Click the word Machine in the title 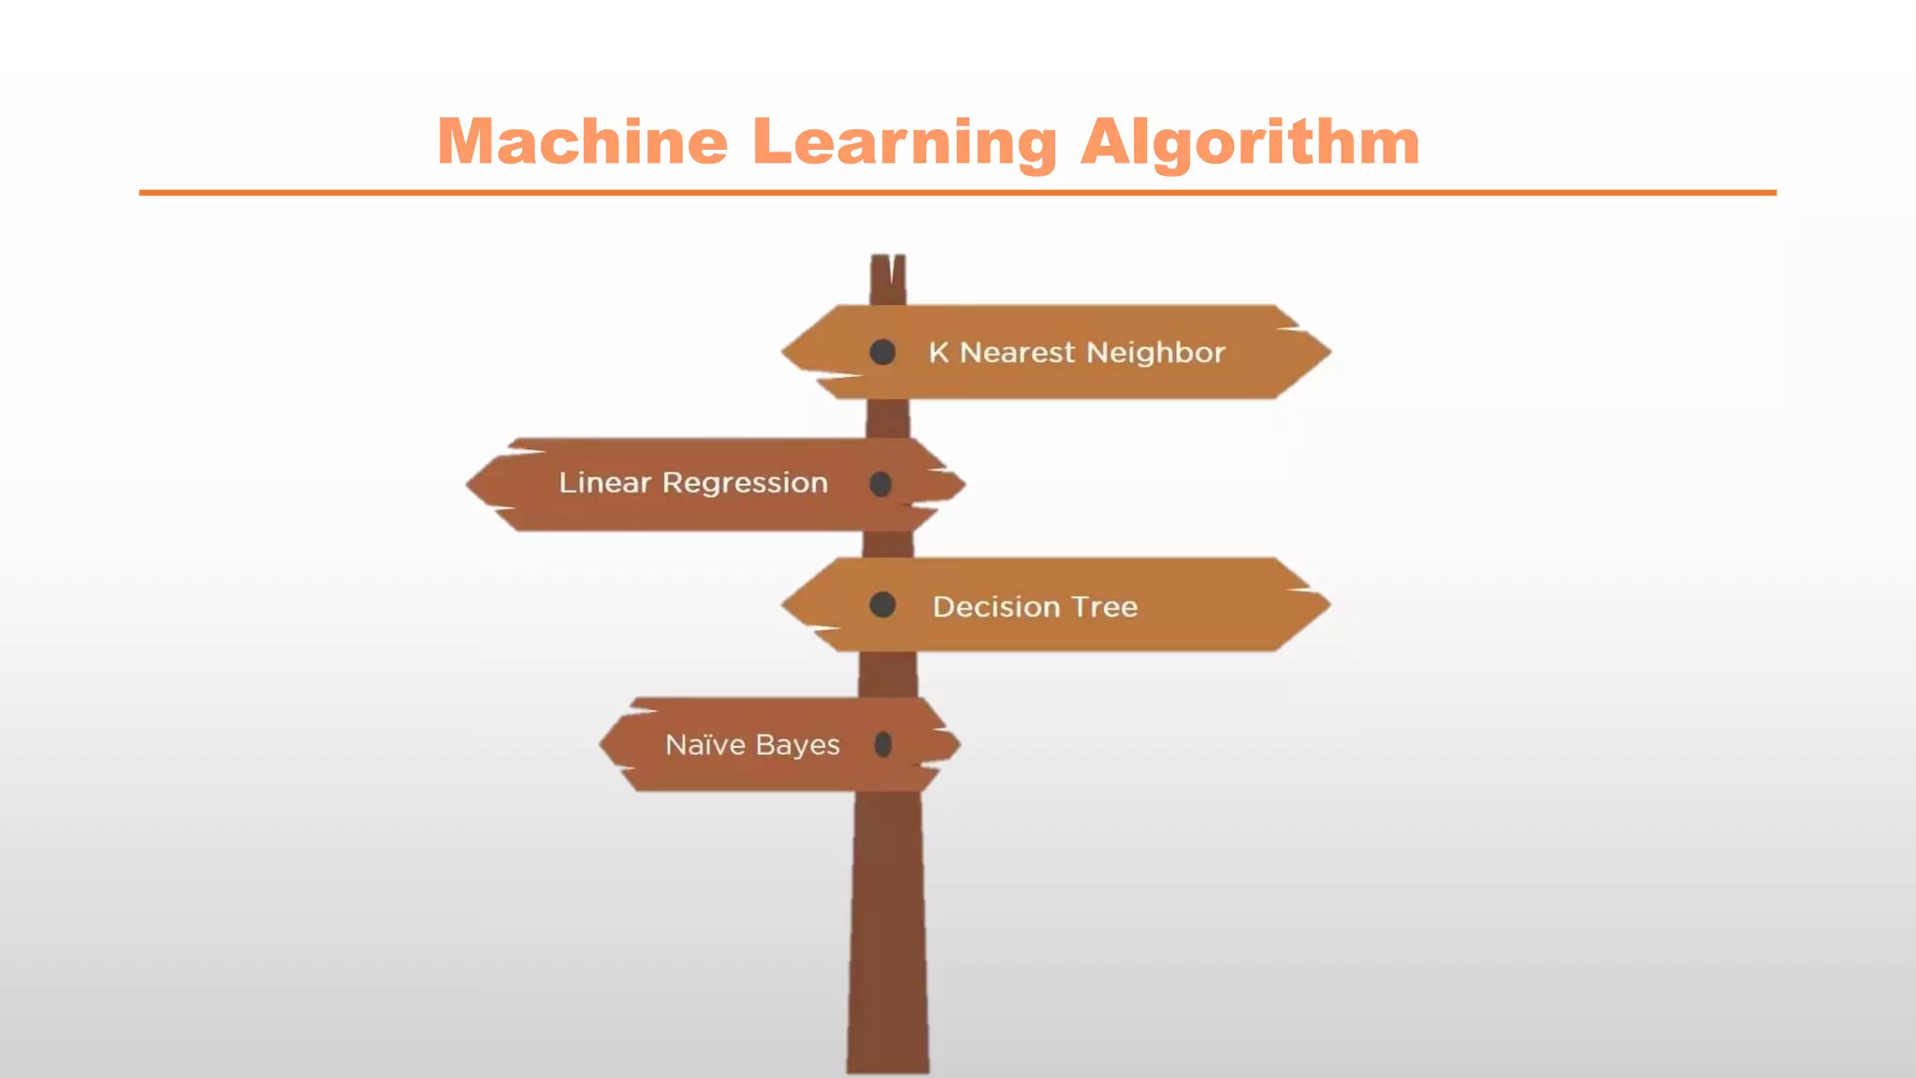(x=582, y=142)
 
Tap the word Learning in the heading (x=905, y=142)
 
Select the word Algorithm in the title (x=1250, y=142)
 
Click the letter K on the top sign (x=938, y=353)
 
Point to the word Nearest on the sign (x=1018, y=353)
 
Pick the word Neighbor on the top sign (x=1156, y=353)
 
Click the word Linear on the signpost (x=604, y=483)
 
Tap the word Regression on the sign (x=745, y=484)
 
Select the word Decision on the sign (x=996, y=606)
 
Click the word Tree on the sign (x=1105, y=606)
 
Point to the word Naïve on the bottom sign (x=705, y=745)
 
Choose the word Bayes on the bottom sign (x=797, y=746)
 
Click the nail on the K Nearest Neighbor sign (x=882, y=353)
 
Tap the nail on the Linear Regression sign (x=880, y=484)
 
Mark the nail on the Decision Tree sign (x=882, y=605)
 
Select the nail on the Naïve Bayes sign (x=882, y=745)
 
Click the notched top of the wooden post (x=888, y=271)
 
